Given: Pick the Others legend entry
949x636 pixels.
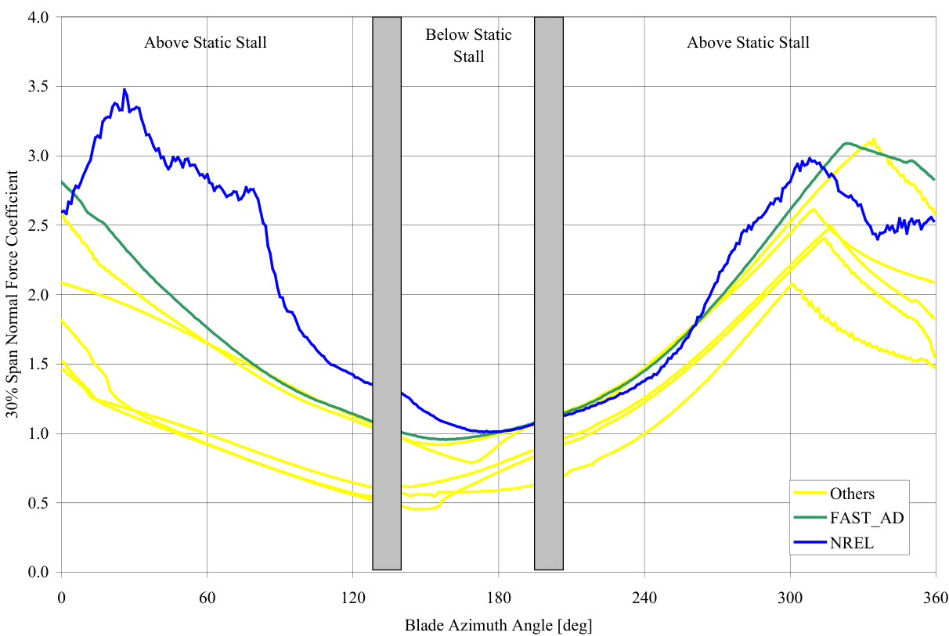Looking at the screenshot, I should click(852, 494).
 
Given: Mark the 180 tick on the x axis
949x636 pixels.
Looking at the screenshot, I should click(498, 598).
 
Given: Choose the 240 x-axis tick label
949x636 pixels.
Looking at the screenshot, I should click(644, 598).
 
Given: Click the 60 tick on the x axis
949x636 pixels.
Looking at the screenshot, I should click(207, 598).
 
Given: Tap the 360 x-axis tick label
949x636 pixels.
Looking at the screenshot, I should click(936, 598).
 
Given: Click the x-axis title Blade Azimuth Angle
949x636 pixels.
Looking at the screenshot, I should click(498, 625).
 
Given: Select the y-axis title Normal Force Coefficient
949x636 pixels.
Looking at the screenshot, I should click(15, 293).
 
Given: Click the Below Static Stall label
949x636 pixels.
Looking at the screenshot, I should click(468, 45).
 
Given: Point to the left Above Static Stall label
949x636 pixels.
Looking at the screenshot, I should click(205, 42).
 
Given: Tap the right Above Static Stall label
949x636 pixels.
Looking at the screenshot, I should click(748, 42).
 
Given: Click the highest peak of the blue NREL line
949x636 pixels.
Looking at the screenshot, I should click(124, 90).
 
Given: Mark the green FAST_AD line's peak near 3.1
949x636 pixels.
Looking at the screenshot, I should click(846, 143).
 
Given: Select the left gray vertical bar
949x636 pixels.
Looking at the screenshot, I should click(387, 293).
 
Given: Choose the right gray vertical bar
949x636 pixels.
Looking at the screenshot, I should click(548, 293).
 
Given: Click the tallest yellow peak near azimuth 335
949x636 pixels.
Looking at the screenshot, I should click(873, 139).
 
